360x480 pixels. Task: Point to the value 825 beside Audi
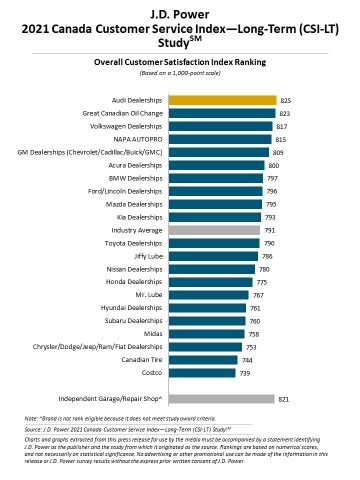tap(285, 100)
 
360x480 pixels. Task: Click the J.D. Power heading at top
tap(180, 12)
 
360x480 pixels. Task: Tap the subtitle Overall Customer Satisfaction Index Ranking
tap(180, 60)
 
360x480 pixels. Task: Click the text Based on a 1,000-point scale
tap(180, 70)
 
